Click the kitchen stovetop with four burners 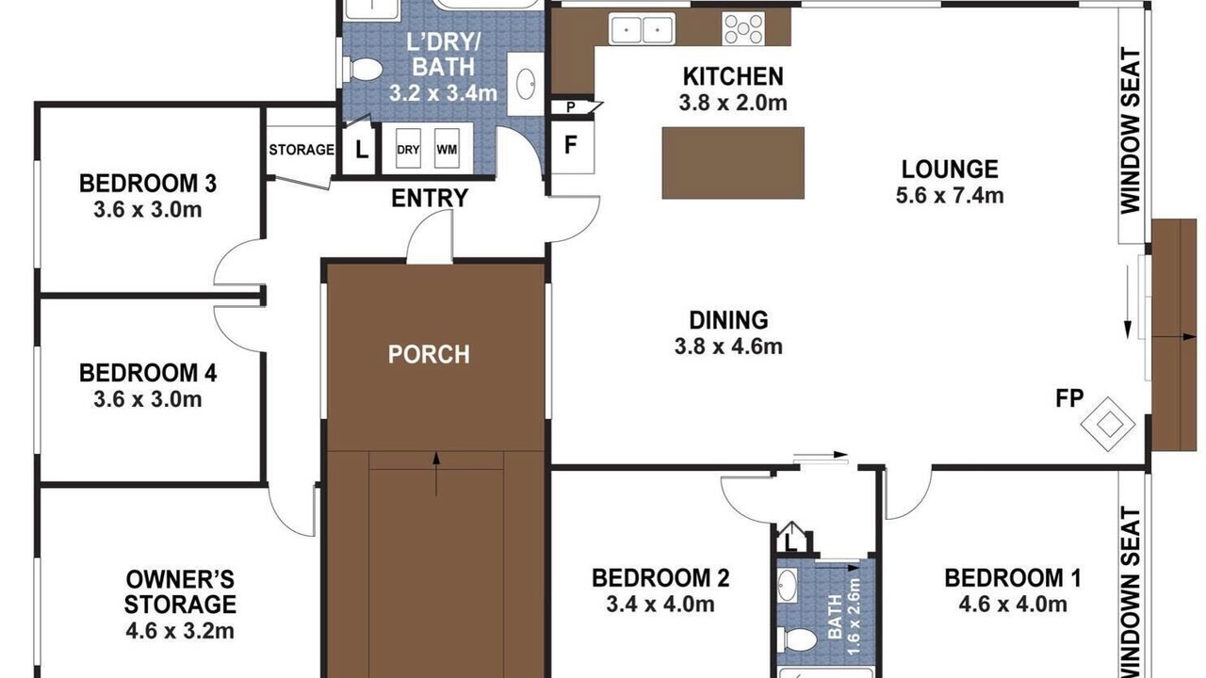coord(743,28)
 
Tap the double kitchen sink coord(642,28)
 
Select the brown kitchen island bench coord(733,163)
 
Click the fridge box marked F coord(571,146)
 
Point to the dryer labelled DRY coord(408,149)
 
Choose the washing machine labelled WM coord(447,149)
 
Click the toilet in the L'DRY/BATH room coord(363,70)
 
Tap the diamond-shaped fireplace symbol coord(1108,425)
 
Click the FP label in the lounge coord(1069,398)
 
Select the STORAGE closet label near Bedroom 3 coord(301,150)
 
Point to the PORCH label coord(429,354)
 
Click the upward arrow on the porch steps coord(436,474)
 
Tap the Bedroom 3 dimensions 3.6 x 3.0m coord(148,209)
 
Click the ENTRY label coord(430,199)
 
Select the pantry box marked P coord(572,107)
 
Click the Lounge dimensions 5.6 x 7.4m coord(950,195)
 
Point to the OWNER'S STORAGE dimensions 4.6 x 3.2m coord(180,631)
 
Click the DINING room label coord(728,320)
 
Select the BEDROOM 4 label coord(148,373)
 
